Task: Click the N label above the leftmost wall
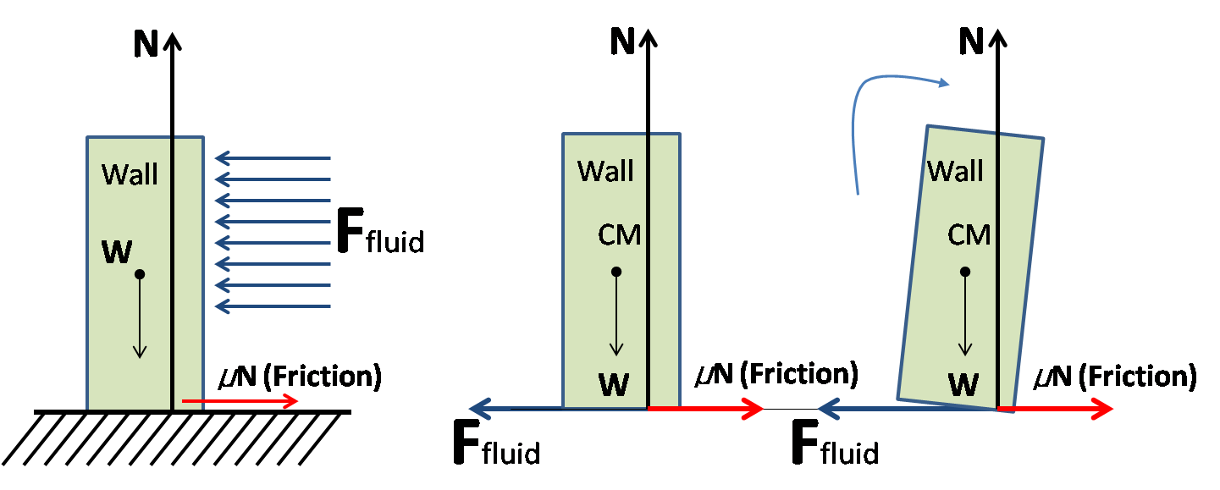[x=146, y=45]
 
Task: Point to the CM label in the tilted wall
[x=969, y=234]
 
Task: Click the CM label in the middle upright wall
[x=620, y=234]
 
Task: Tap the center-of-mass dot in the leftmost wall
[x=140, y=274]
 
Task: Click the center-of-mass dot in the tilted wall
[x=964, y=272]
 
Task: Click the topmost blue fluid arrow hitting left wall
[x=273, y=158]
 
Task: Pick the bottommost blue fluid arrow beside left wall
[x=273, y=306]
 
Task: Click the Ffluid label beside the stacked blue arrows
[x=379, y=233]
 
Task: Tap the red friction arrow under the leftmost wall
[x=241, y=401]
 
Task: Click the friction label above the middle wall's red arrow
[x=776, y=373]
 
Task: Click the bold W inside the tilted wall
[x=963, y=385]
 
